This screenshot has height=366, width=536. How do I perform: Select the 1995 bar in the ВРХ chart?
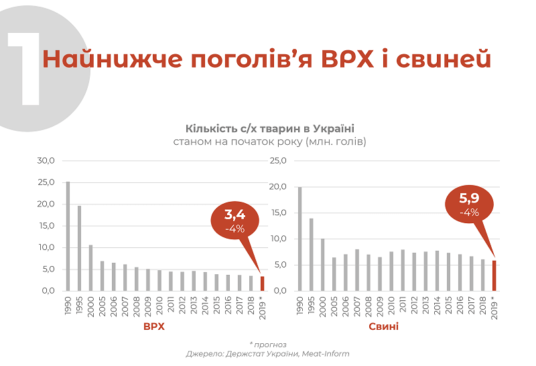pos(79,248)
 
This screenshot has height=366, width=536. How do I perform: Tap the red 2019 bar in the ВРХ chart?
pos(262,284)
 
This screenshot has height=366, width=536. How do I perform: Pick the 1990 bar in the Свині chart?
pos(299,239)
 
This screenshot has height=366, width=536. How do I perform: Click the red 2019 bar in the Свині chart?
pos(494,276)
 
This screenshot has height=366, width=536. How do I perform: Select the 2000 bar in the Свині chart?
pos(322,264)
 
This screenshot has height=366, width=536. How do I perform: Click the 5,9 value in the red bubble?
pos(469,198)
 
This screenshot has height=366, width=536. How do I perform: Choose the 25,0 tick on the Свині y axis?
pos(277,161)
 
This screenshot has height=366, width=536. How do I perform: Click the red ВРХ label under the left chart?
pos(153,326)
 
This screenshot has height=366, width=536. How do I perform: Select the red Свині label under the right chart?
pos(383,326)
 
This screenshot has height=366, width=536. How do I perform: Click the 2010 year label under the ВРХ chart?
pos(159,306)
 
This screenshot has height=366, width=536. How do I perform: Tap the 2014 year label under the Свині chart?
pos(437,306)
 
